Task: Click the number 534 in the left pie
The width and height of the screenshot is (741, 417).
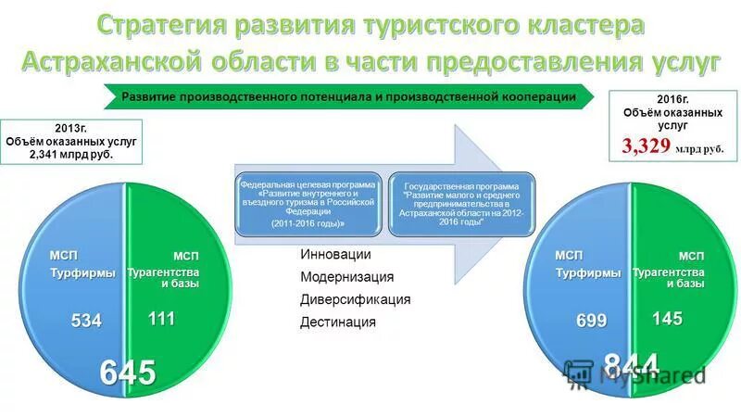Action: tap(87, 321)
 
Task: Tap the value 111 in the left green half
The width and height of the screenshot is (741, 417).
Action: tap(162, 319)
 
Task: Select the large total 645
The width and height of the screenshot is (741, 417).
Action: tap(127, 372)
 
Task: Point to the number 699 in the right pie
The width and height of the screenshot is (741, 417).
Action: tap(591, 321)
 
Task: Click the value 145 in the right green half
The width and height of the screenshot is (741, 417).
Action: tap(666, 319)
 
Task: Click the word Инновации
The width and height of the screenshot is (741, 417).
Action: tap(335, 255)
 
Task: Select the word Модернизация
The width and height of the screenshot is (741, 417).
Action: tap(346, 277)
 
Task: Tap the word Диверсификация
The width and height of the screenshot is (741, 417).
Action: tap(355, 299)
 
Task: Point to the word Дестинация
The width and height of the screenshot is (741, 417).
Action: tap(338, 322)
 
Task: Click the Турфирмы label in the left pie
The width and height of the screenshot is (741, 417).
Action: tap(82, 272)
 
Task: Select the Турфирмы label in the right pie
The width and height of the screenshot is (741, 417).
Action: tap(587, 272)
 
